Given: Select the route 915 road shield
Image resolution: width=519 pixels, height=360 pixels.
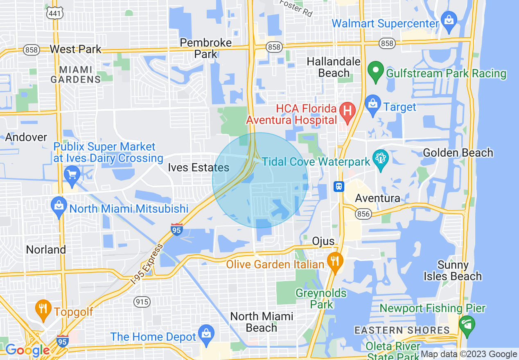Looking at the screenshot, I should coord(142,302).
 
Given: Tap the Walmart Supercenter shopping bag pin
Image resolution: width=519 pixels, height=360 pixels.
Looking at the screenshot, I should coord(449,21).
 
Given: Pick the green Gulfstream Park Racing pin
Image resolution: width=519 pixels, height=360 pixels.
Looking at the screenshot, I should coord(375,71).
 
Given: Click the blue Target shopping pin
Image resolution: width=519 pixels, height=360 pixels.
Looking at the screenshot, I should coord(372,105).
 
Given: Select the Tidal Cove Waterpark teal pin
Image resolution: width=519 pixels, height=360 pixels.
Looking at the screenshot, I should coord(381,160).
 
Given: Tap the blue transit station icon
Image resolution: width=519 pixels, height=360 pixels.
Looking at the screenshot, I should coord(339,187).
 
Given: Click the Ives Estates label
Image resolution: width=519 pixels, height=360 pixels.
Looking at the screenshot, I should coord(199,167).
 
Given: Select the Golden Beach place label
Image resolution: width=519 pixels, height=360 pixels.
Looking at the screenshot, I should coord(458,153).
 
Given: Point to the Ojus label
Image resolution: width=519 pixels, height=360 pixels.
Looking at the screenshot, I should coord(323,241).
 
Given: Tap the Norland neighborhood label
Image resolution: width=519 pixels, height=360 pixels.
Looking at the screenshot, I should coord(46,250).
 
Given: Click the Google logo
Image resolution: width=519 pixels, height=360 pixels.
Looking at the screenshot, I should coord(27,350).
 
